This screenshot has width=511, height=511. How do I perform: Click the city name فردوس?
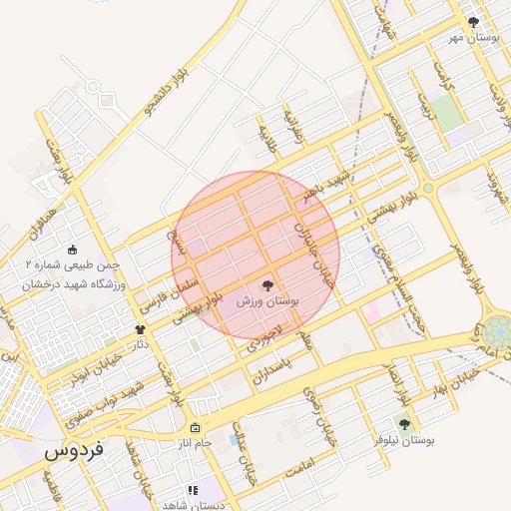(73, 451)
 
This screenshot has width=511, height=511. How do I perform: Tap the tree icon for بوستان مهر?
(473, 21)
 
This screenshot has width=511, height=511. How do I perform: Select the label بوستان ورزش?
(269, 299)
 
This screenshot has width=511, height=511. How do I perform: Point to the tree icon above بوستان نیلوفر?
(404, 424)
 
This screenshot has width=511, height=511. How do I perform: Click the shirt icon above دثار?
(139, 329)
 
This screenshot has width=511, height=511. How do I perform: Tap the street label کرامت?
(442, 76)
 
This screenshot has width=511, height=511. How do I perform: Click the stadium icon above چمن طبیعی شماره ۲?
(71, 250)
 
